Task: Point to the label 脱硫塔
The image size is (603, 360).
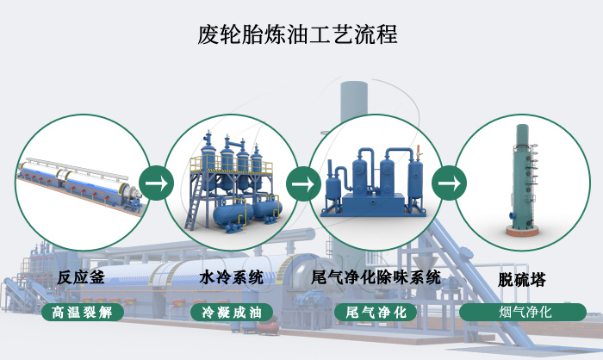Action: [x=522, y=280]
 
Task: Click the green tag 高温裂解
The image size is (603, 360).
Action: [x=82, y=311]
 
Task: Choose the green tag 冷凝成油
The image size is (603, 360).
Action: [x=231, y=311]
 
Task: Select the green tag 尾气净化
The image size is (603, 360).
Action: [x=376, y=311]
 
